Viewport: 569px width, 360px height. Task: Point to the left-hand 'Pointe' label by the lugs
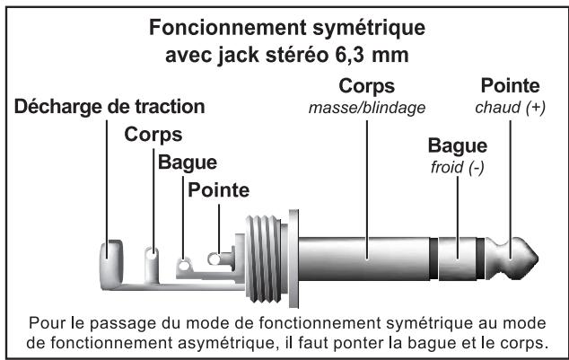219,190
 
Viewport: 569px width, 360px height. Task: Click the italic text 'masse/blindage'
366,109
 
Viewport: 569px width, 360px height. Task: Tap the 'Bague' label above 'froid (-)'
457,145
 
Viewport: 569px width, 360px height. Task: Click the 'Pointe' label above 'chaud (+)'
511,87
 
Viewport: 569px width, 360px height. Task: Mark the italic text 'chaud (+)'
511,107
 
